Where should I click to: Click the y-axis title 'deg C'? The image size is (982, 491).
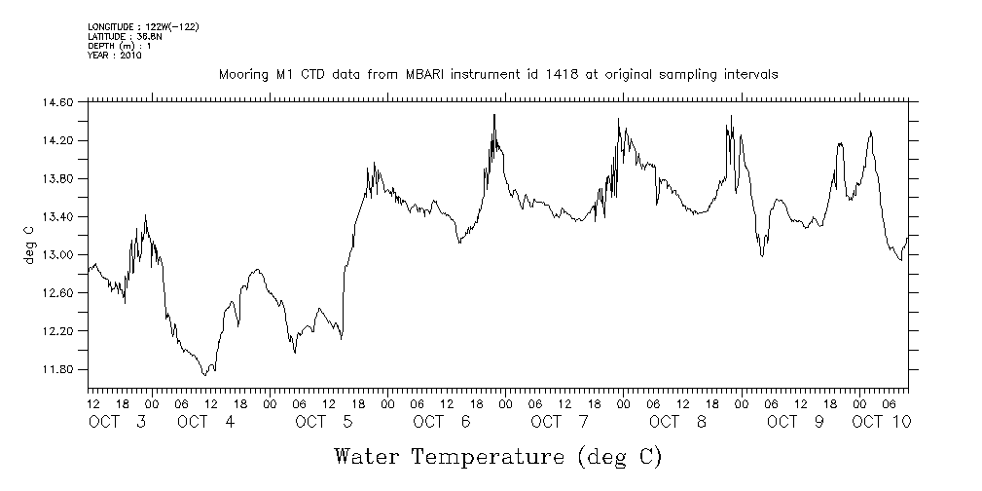click(28, 244)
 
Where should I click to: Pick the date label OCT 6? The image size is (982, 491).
click(442, 422)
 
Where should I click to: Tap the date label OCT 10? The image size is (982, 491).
click(881, 422)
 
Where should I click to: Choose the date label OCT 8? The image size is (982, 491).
click(677, 422)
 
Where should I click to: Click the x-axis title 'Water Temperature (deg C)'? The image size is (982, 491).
click(497, 456)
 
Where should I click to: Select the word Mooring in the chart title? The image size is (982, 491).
click(242, 75)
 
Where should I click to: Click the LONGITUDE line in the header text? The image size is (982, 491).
click(143, 26)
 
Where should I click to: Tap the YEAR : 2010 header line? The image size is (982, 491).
click(115, 56)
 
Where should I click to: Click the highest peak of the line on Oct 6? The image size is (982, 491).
click(494, 115)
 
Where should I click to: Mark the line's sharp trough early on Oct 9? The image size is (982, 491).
click(762, 255)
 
